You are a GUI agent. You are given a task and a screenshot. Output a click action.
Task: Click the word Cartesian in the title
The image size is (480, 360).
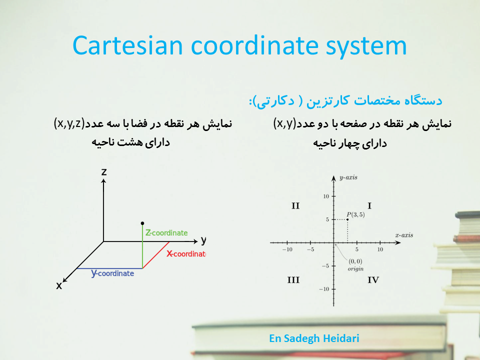point(127,45)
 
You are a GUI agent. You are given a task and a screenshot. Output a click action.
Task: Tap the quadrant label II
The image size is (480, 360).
point(295,205)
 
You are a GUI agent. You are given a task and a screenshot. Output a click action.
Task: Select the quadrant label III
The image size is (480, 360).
point(293,280)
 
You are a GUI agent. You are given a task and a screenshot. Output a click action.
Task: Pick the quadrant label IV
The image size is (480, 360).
point(373,280)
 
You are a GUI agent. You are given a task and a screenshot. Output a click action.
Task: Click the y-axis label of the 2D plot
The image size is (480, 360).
point(348,177)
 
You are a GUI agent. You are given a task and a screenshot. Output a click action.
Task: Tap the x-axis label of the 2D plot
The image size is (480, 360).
point(404,235)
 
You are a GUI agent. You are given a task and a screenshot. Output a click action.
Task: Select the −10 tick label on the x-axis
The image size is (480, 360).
point(287,249)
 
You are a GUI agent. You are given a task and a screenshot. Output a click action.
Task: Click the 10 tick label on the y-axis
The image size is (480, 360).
point(326,196)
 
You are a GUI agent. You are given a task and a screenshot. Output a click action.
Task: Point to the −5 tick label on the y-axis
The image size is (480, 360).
point(325,265)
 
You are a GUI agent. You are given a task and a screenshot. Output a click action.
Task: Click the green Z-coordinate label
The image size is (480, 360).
point(166,233)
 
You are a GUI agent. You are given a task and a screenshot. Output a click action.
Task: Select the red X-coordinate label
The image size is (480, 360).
point(186,254)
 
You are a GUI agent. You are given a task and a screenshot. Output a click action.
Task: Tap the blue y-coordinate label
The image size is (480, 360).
point(112,273)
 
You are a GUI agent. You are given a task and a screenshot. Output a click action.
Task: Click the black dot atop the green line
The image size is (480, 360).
point(142,223)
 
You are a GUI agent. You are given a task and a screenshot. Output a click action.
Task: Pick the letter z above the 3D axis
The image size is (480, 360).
point(104,171)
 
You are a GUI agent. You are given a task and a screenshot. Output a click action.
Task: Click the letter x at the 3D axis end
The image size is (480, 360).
point(59,285)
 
